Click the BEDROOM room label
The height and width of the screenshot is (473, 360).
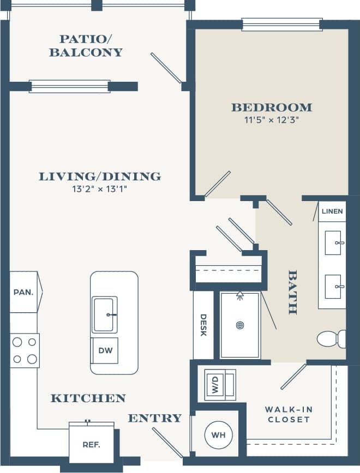(271, 107)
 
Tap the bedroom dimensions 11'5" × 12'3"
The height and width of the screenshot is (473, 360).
(271, 120)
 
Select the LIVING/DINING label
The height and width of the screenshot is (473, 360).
(100, 177)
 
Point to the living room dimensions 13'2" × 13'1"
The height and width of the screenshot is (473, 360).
(100, 189)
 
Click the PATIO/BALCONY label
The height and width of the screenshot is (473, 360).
(86, 46)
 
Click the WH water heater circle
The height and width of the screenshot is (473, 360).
(218, 435)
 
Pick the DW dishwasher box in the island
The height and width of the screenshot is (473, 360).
(105, 350)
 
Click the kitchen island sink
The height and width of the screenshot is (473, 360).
(104, 314)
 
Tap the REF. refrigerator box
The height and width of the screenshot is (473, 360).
(91, 444)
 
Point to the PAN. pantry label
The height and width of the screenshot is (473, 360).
(23, 292)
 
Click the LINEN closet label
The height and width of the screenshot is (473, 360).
(332, 211)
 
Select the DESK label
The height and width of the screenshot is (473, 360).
(203, 325)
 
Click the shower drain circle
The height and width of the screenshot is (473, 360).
(239, 325)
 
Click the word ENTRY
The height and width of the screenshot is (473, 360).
(155, 418)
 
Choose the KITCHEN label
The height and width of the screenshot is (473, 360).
(88, 398)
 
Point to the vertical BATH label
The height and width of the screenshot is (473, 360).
(293, 292)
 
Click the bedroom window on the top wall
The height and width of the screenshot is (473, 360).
(281, 24)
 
